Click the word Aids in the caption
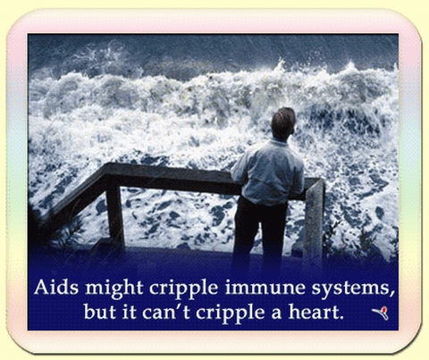56,288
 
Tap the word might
114,289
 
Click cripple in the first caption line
184,289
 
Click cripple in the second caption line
231,314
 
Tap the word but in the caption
99,312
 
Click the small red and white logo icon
381,313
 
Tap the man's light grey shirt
268,172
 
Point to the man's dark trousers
258,232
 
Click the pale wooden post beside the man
314,221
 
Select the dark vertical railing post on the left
115,213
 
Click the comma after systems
392,294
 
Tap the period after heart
341,318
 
